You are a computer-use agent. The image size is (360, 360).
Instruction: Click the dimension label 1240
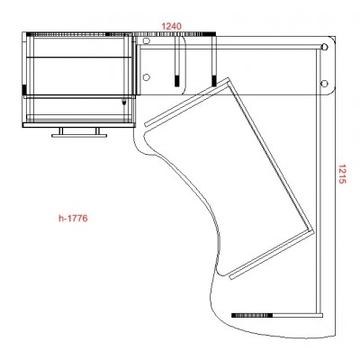click(x=172, y=26)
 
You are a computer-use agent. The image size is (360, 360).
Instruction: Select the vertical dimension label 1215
click(x=342, y=174)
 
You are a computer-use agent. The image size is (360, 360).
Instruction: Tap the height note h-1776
click(x=73, y=218)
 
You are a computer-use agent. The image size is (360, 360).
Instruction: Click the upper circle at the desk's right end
click(x=324, y=47)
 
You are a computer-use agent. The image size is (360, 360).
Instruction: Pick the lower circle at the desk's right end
click(x=324, y=83)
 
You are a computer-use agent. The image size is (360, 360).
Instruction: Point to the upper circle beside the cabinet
click(x=146, y=40)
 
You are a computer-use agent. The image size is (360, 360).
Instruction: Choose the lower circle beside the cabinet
click(x=146, y=77)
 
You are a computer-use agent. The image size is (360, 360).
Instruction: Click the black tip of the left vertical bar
click(x=177, y=81)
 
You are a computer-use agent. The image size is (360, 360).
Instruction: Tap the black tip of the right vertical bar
click(x=214, y=81)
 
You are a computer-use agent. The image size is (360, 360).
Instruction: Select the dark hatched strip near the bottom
click(x=252, y=315)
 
